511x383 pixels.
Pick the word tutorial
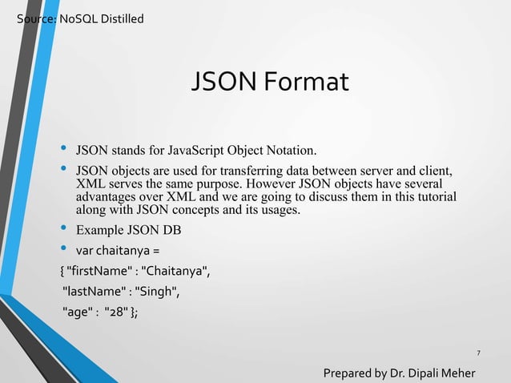pyautogui.click(x=433, y=197)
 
